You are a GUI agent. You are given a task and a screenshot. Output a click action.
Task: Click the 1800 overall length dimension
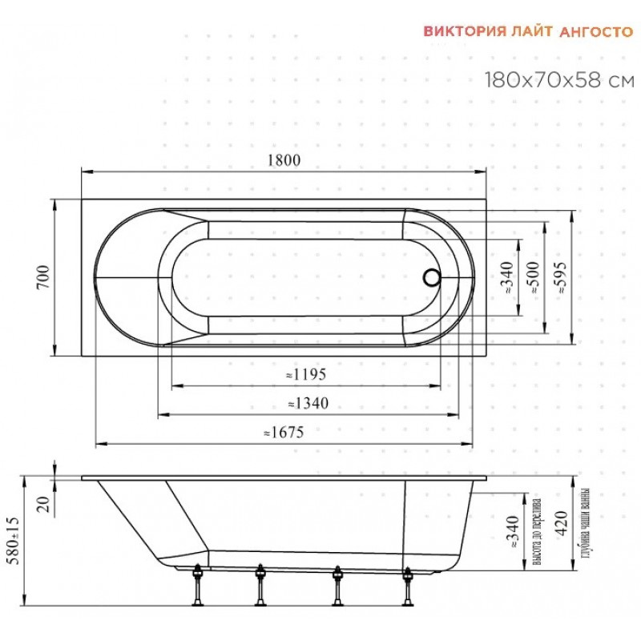coord(284,159)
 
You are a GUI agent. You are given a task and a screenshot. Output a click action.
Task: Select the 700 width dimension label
coord(43,277)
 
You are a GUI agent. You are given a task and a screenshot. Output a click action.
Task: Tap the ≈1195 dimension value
coord(306,374)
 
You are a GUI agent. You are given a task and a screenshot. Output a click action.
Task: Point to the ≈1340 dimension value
coord(308,404)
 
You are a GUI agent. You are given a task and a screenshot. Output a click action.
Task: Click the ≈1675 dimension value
coord(284,432)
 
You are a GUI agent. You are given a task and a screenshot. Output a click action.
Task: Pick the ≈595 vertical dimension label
coord(560,277)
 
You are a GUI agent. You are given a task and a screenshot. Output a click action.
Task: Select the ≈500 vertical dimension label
coord(534,277)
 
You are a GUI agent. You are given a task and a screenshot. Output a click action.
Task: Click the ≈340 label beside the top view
coord(507,277)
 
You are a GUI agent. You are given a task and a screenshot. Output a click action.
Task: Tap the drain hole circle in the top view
coord(432,277)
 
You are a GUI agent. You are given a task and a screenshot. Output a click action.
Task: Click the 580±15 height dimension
coord(14,540)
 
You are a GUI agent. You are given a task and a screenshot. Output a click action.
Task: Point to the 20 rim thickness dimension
coord(44,505)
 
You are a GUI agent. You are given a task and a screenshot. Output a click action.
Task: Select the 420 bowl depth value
coord(562,523)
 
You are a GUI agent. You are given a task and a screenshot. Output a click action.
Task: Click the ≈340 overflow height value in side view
coord(513,532)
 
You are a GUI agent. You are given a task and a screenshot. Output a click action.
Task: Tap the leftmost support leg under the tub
coord(198,585)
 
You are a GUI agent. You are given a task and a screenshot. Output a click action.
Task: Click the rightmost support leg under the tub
coord(407,586)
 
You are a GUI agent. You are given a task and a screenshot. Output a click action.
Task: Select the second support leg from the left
coord(260,585)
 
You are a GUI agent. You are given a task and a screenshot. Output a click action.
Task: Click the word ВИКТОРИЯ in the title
coord(465,31)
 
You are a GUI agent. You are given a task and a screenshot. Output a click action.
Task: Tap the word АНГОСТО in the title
coord(596,32)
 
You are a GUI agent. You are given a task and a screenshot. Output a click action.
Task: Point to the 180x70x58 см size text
coord(559,79)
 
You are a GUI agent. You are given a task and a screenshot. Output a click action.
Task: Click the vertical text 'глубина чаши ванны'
coord(585,524)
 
